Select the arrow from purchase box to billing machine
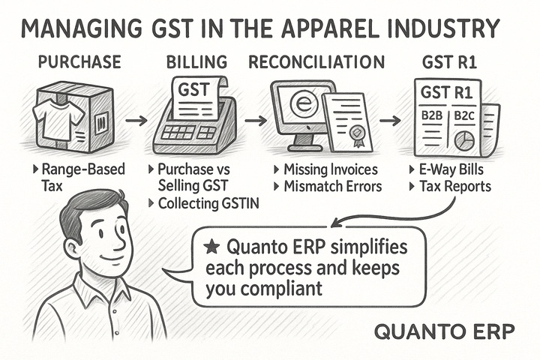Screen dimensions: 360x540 (136, 119)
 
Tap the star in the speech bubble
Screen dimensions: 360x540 (212, 246)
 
